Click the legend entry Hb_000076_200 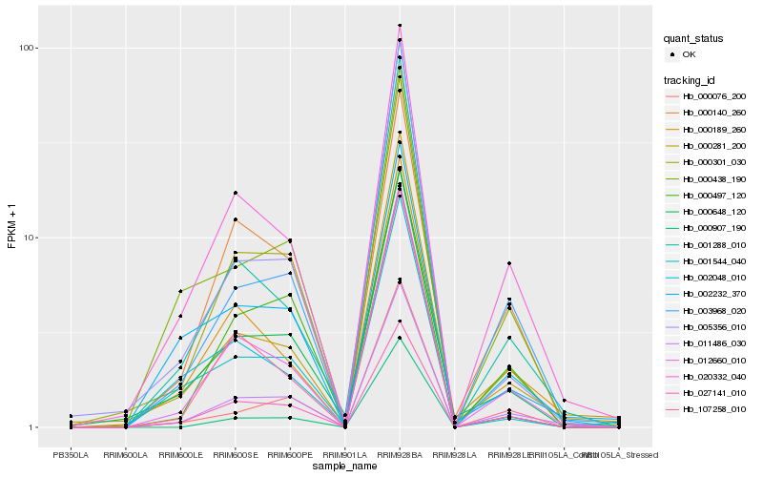click(711, 97)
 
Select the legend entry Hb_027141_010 click(711, 392)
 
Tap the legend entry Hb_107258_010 click(711, 408)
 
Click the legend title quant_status click(694, 38)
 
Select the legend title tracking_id click(691, 80)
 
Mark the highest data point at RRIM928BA click(400, 26)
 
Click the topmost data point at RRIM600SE click(235, 193)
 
